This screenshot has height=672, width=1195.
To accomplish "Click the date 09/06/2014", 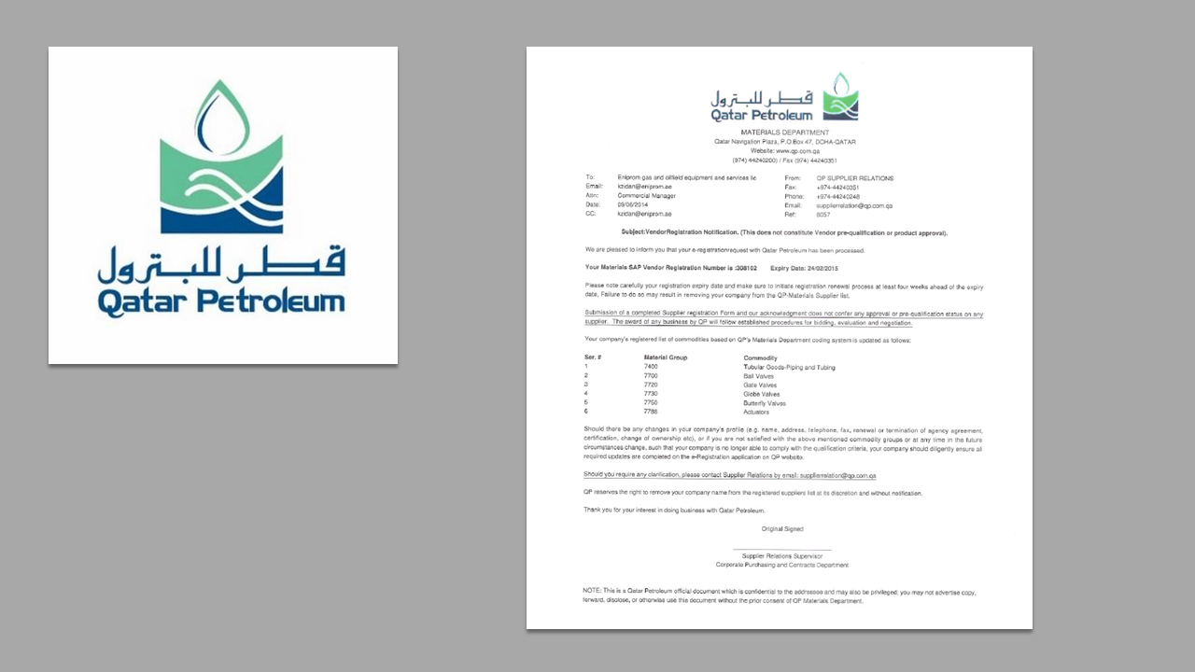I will click(x=633, y=204).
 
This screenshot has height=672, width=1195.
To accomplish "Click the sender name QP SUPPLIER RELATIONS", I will click(x=854, y=178).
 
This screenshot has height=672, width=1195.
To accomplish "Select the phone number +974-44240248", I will click(x=837, y=196).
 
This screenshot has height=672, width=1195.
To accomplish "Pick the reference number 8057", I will click(x=822, y=214).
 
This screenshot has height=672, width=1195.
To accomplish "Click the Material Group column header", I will click(x=666, y=357).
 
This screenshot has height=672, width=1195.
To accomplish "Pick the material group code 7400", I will click(x=651, y=367).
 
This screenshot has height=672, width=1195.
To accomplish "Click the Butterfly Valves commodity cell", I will click(x=765, y=403).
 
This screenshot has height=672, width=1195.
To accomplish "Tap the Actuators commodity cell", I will click(x=757, y=412).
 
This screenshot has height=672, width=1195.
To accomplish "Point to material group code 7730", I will click(x=651, y=394).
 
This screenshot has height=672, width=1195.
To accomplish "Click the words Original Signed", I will click(x=781, y=529).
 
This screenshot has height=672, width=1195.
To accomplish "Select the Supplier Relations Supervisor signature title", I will click(x=781, y=556).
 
